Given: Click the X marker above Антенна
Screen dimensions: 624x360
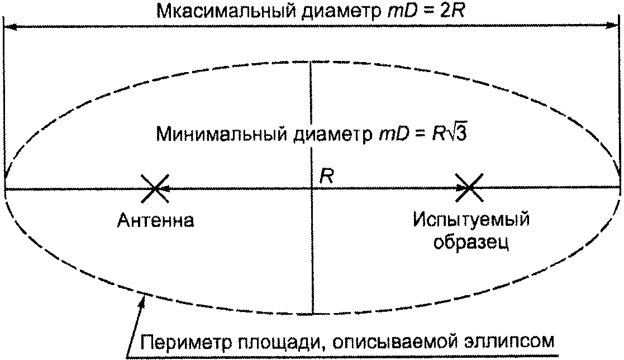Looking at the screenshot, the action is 155,190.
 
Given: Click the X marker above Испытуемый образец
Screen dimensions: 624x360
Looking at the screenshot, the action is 468,190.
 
